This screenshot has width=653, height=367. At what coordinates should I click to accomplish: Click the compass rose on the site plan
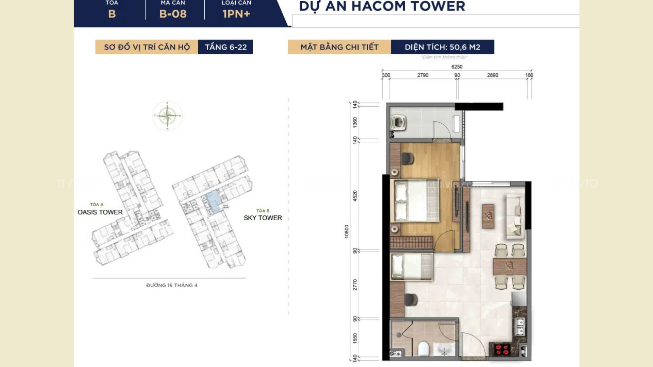(x=167, y=116)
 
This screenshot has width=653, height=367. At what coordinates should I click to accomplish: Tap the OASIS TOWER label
(x=100, y=212)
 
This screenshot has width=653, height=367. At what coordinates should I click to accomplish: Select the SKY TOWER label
(x=263, y=218)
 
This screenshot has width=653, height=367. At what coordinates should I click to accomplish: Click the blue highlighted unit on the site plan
(x=213, y=202)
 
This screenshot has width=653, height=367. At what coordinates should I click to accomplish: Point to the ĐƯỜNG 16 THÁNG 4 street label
(x=172, y=285)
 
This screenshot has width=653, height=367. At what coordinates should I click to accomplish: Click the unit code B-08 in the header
(x=173, y=14)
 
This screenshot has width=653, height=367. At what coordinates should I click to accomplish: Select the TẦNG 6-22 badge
(x=225, y=47)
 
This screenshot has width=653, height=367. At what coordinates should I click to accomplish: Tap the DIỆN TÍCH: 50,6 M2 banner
(x=442, y=47)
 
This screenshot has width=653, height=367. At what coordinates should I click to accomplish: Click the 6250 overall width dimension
(x=457, y=67)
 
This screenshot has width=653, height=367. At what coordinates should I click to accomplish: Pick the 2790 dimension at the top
(x=423, y=75)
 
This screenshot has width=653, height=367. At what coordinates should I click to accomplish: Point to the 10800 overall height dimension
(x=347, y=231)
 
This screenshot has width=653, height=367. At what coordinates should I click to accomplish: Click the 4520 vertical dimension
(x=355, y=196)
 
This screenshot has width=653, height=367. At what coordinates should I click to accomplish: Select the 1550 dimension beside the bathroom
(x=355, y=338)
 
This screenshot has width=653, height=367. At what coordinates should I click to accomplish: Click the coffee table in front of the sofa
(x=488, y=216)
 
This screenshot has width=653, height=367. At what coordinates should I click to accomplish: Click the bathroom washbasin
(x=444, y=350)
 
